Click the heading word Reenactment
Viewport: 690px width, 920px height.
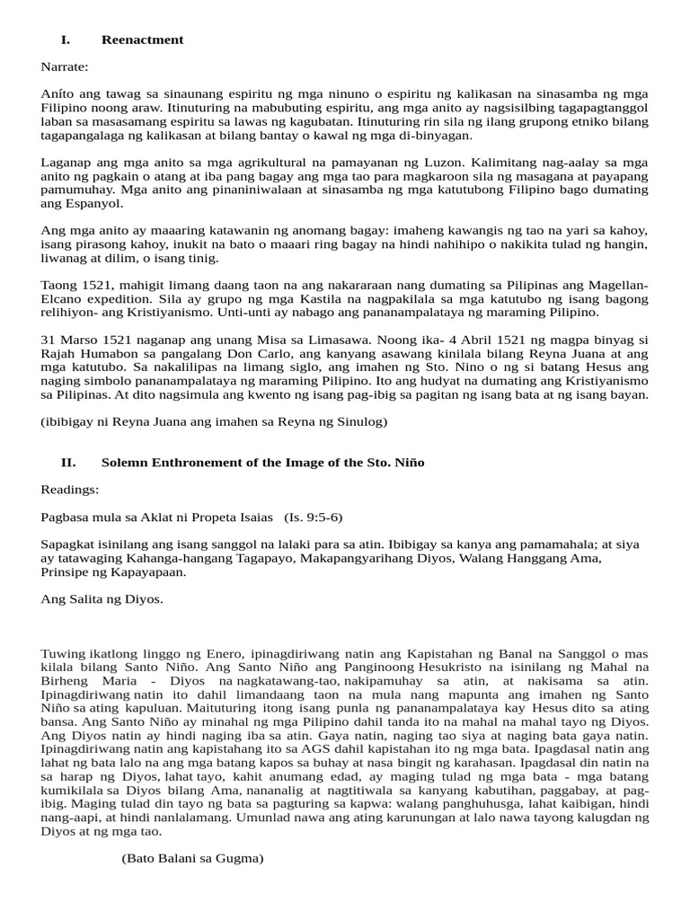tap(142, 40)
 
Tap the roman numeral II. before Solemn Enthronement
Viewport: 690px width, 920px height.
tap(68, 462)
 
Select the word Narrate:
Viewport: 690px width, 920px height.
tap(64, 66)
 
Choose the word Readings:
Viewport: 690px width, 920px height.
tap(69, 490)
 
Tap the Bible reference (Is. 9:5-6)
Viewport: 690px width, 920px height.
tap(313, 517)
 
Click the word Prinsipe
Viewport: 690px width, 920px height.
tap(66, 571)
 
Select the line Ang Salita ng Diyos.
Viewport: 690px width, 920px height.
tap(102, 599)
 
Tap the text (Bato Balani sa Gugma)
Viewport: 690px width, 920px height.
tap(192, 858)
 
